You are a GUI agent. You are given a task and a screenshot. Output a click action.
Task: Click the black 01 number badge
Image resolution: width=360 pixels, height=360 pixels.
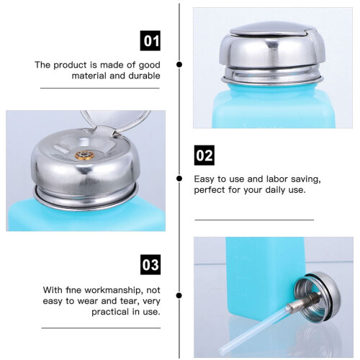[x=150, y=41]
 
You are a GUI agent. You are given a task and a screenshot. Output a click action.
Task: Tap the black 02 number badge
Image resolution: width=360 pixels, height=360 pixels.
[x=204, y=156]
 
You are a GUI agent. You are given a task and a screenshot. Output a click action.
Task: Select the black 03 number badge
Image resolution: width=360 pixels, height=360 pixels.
[x=150, y=265]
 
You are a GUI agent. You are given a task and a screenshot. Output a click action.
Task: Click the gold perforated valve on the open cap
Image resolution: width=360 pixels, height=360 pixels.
[x=84, y=156]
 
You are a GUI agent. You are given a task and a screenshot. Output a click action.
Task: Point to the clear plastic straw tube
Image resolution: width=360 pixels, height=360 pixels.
[x=254, y=329]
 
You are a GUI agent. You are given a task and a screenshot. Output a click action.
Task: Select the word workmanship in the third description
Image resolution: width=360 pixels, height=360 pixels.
[x=112, y=290]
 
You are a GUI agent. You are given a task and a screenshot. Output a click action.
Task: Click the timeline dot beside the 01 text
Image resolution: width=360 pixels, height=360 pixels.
[x=179, y=65]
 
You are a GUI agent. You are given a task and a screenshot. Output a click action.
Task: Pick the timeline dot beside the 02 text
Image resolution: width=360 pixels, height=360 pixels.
[x=179, y=179]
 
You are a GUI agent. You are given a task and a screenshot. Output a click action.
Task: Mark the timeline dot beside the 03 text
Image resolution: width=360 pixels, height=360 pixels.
[x=179, y=295]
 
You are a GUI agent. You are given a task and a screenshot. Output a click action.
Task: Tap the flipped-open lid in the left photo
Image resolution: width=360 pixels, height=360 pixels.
[x=115, y=120]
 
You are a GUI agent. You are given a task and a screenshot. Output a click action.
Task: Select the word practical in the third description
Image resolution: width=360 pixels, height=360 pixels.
[x=111, y=312]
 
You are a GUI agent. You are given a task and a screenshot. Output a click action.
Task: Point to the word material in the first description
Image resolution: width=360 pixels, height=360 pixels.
[x=89, y=76]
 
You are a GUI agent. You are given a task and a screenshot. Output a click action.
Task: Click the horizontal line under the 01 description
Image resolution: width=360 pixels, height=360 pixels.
[x=100, y=88]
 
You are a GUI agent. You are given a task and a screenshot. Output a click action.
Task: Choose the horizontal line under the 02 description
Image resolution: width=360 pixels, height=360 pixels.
[x=254, y=220]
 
